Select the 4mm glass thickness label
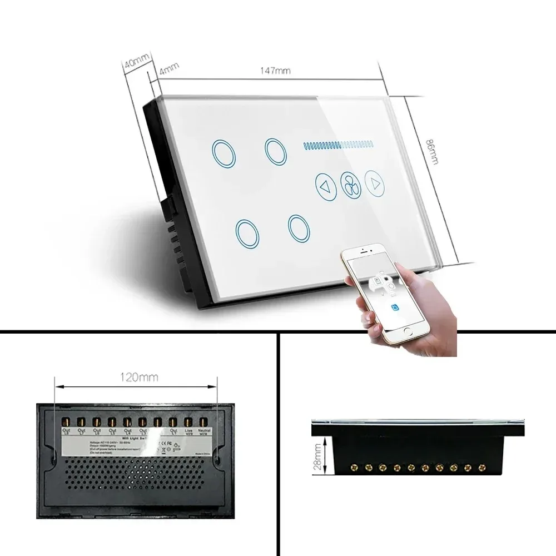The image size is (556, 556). coord(168,71)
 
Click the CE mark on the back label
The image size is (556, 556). coord(170,443)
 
